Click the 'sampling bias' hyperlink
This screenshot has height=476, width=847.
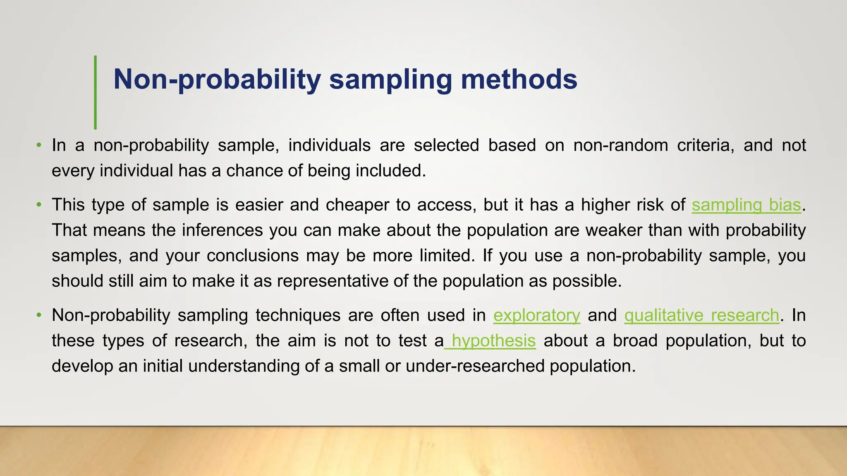747,205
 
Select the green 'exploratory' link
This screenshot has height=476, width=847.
536,315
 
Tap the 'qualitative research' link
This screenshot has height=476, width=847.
701,315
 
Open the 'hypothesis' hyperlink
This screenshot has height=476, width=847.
493,341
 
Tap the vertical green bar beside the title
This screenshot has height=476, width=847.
95,92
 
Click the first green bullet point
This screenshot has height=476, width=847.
39,145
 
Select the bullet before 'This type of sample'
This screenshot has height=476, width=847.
39,205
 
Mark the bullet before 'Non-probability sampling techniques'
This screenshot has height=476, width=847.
39,315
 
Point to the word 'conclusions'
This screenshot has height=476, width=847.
252,256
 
